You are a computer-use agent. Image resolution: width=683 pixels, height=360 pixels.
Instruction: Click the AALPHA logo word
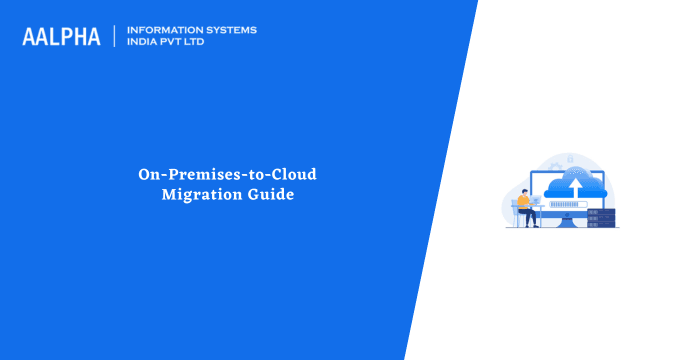(61, 36)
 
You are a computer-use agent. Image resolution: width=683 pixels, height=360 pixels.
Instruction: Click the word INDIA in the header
(144, 42)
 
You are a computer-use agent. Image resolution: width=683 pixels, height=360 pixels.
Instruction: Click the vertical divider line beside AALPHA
(115, 36)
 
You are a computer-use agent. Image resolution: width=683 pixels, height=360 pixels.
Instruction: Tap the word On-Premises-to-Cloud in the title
(227, 175)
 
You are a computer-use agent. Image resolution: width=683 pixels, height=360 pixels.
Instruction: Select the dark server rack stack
(600, 217)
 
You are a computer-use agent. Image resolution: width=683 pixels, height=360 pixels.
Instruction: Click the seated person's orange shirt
(524, 203)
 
